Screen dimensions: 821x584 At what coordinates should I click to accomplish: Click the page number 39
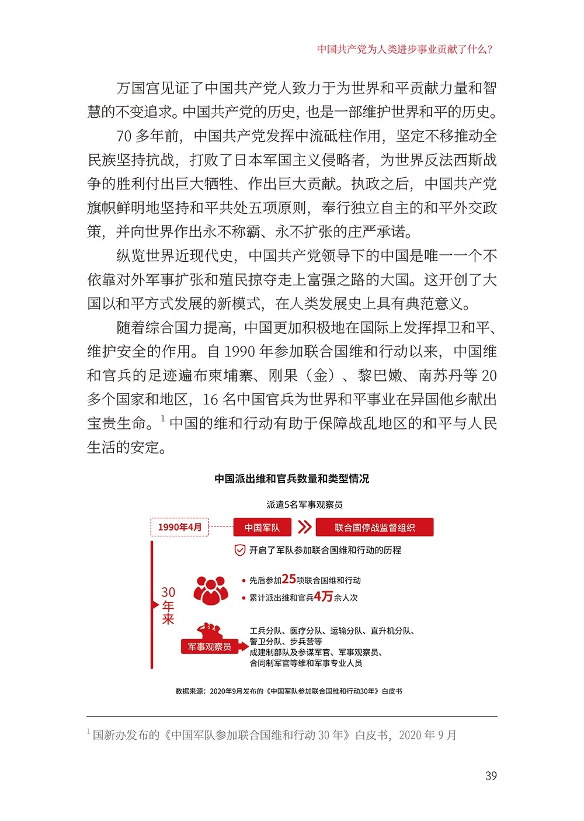(x=491, y=775)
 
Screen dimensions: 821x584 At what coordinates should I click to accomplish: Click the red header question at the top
(x=405, y=49)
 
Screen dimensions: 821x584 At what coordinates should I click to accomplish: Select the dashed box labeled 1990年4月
(x=180, y=527)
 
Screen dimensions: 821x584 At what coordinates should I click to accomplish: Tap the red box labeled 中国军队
(x=262, y=527)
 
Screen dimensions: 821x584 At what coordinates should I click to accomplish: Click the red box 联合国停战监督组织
(x=374, y=527)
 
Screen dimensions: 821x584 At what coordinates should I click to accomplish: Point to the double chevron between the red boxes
(x=304, y=527)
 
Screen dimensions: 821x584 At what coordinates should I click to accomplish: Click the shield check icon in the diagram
(x=239, y=550)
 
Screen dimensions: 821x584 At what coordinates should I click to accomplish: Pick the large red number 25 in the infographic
(x=289, y=579)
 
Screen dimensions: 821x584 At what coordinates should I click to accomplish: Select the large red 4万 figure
(x=323, y=597)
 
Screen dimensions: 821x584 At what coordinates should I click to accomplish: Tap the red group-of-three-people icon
(x=210, y=590)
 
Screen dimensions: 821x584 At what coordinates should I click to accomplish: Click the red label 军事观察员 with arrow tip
(x=211, y=647)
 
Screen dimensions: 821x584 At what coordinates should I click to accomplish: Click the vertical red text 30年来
(x=168, y=605)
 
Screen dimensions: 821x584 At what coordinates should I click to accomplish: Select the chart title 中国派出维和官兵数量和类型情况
(x=292, y=479)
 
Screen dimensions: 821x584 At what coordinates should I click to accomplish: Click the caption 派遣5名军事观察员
(x=304, y=504)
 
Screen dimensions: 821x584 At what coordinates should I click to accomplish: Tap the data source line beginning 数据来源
(x=289, y=691)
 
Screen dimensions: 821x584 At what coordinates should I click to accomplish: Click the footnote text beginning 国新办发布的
(x=274, y=735)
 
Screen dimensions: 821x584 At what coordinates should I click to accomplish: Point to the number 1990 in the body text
(x=239, y=351)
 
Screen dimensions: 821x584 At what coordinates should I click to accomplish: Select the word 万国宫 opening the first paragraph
(x=138, y=88)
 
